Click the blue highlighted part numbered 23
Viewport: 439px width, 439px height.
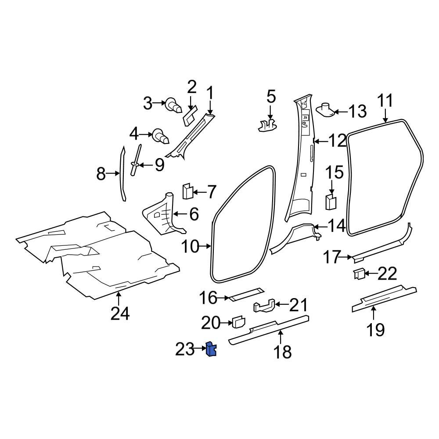(x=212, y=349)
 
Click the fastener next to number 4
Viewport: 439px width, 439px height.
(x=160, y=137)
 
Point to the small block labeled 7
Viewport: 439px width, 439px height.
(x=187, y=191)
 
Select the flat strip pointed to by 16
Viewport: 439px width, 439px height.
(x=246, y=294)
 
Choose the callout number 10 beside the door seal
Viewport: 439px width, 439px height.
(x=191, y=247)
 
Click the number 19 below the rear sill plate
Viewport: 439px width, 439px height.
(x=375, y=329)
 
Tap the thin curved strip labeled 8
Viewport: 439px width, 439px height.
(x=122, y=174)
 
